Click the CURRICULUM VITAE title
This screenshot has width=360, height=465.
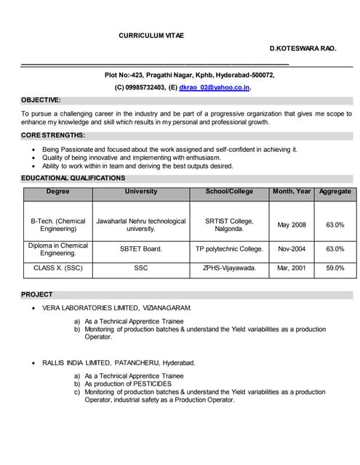pos(151,35)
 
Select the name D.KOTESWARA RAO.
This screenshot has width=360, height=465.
pos(303,48)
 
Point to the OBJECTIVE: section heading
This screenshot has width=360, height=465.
pos(41,100)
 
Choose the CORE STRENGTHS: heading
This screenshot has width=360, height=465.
pos(53,135)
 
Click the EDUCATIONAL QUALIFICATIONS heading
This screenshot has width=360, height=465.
pos(73,178)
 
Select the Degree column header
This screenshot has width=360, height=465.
pos(58,192)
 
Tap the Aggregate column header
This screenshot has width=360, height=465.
pos(335,192)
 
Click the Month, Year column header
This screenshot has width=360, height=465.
pos(292,192)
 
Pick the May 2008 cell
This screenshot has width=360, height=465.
pos(292,225)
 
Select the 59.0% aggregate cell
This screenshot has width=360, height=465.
pos(335,268)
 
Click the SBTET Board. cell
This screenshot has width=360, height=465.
pos(141,249)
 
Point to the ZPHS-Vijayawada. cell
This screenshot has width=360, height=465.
pos(229,268)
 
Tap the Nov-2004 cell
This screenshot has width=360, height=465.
pos(292,249)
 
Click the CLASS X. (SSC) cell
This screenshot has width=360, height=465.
pos(58,268)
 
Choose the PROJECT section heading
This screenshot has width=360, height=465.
pos(37,294)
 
